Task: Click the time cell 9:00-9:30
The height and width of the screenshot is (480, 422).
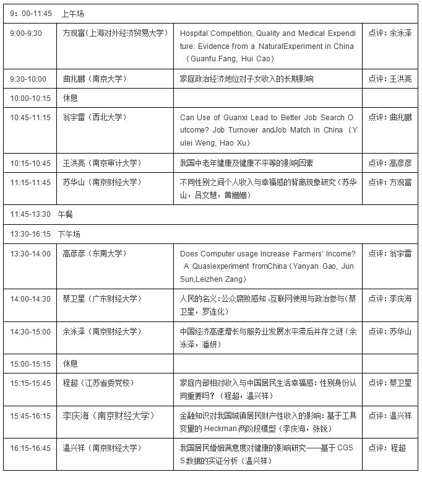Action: pos(26,33)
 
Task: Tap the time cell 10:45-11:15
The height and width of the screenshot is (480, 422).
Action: pos(30,117)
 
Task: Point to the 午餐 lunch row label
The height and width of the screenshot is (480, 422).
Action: pos(66,214)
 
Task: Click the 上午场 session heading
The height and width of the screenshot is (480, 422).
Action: pos(72,12)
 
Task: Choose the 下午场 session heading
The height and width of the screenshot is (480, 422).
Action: pos(69,234)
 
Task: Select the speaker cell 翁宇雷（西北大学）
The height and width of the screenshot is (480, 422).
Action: pos(93,117)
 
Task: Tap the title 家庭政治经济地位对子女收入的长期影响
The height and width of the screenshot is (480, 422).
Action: pos(246,79)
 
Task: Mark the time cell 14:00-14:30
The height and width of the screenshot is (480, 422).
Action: pos(30,299)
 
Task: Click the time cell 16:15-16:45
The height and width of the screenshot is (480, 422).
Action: pos(30,448)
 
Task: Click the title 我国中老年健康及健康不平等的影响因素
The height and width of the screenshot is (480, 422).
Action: pos(246,163)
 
